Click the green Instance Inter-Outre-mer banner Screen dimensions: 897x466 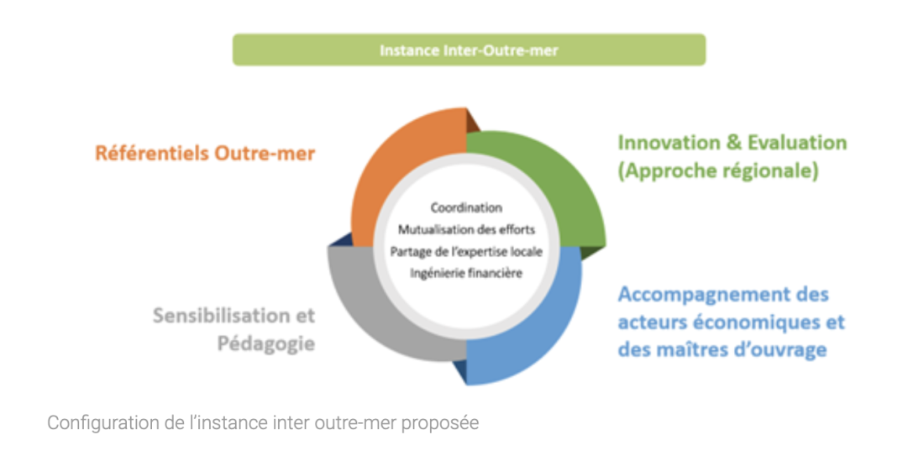click(469, 50)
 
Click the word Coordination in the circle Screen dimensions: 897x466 click(466, 207)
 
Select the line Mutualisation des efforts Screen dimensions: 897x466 click(466, 229)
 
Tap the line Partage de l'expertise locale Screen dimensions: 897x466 click(466, 252)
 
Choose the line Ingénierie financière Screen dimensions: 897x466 click(466, 274)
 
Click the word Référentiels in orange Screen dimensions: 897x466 click(151, 154)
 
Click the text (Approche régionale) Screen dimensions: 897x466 click(718, 170)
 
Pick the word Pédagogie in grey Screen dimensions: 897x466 click(266, 343)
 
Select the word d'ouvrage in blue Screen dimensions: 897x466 click(781, 349)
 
